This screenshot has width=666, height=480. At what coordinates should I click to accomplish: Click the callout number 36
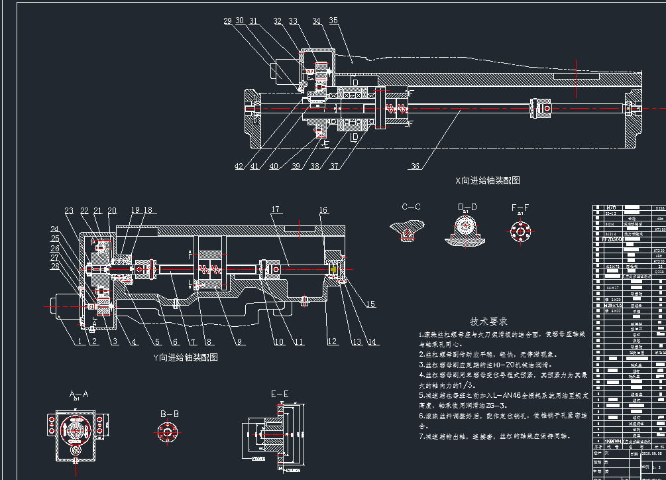[x=416, y=166]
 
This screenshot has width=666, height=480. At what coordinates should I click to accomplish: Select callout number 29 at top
[x=227, y=21]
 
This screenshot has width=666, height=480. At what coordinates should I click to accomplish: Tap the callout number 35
[x=333, y=21]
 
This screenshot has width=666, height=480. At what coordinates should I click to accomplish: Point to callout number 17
[x=274, y=210]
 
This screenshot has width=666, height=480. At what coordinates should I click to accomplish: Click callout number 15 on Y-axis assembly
[x=370, y=304]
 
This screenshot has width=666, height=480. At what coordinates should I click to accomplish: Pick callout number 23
[x=69, y=211]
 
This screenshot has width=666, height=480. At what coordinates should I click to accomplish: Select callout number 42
[x=239, y=166]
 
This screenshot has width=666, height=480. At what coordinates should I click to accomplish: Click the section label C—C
[x=412, y=207]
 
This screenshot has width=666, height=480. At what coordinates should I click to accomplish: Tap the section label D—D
[x=467, y=207]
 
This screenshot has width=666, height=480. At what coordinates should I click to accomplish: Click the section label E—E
[x=280, y=394]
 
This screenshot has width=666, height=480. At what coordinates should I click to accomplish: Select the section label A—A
[x=79, y=394]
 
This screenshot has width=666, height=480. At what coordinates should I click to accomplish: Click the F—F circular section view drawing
[x=520, y=231]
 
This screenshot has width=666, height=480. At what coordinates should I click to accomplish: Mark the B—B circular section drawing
[x=167, y=432]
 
